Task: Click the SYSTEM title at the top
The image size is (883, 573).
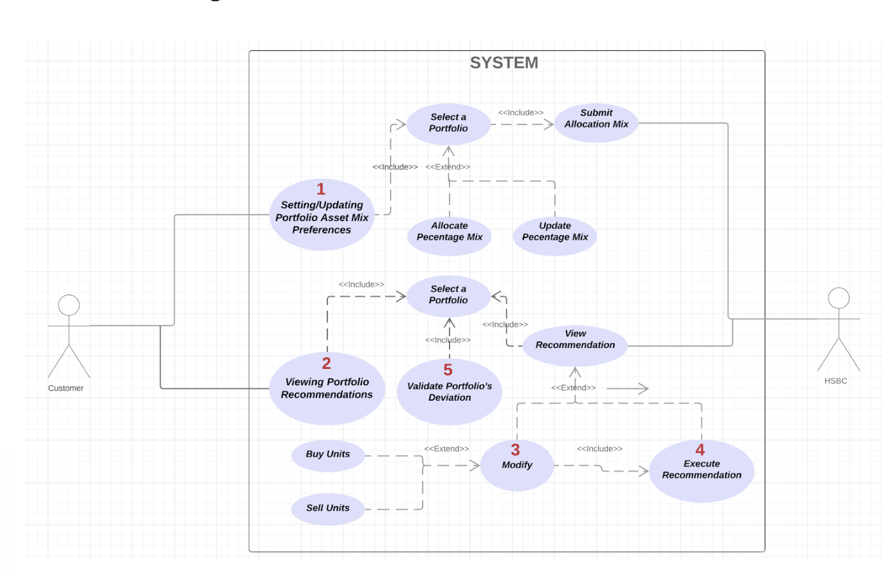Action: (x=504, y=63)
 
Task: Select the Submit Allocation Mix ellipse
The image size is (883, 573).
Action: (x=596, y=123)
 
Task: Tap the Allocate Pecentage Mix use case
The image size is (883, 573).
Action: (x=449, y=236)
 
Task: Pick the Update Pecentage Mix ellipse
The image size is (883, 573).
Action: (x=554, y=236)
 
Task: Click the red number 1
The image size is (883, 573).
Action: (x=321, y=189)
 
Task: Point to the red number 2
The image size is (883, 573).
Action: (x=326, y=363)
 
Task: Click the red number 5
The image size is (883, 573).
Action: (x=448, y=370)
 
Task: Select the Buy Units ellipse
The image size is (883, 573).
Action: (x=328, y=455)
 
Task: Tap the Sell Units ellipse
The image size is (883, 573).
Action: (x=328, y=508)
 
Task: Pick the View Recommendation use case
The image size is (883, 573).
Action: (x=575, y=345)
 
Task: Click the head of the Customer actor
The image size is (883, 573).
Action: (x=69, y=305)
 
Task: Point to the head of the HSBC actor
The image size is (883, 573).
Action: (x=838, y=298)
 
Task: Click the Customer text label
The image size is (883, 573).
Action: (x=66, y=388)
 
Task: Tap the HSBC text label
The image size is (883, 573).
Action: (x=835, y=381)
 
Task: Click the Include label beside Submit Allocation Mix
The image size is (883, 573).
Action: (x=520, y=113)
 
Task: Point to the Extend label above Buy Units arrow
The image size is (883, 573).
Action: (x=446, y=449)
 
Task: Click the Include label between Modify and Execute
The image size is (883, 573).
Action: (x=599, y=449)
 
